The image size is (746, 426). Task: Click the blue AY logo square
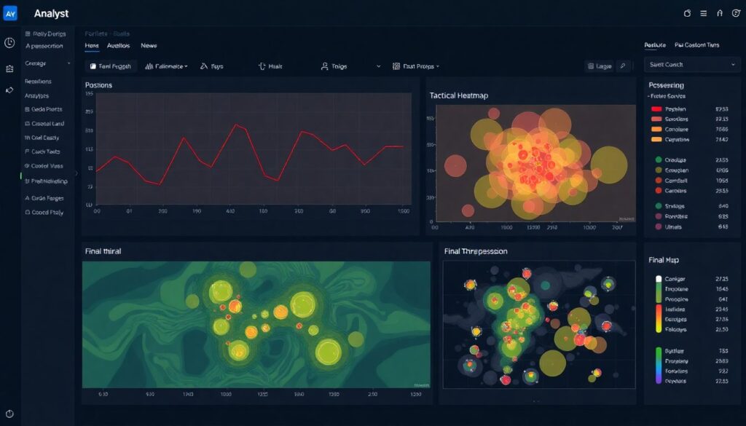pyautogui.click(x=10, y=14)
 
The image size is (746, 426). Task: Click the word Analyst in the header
pyautogui.click(x=52, y=14)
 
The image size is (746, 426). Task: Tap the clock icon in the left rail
pyautogui.click(x=9, y=43)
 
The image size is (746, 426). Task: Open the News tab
pyautogui.click(x=149, y=45)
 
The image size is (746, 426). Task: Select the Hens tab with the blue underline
pyautogui.click(x=92, y=45)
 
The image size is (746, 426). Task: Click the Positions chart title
pyautogui.click(x=98, y=85)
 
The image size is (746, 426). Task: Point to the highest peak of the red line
pyautogui.click(x=235, y=125)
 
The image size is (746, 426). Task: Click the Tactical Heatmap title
pyautogui.click(x=459, y=95)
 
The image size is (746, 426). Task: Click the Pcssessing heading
pyautogui.click(x=665, y=85)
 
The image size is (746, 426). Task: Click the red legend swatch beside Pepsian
pyautogui.click(x=656, y=109)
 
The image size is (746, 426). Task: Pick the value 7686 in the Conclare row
pyautogui.click(x=722, y=129)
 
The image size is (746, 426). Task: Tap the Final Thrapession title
pyautogui.click(x=475, y=251)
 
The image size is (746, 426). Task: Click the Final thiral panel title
pyautogui.click(x=103, y=251)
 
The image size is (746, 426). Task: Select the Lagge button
pyautogui.click(x=599, y=66)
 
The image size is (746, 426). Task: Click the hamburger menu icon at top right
pyautogui.click(x=703, y=13)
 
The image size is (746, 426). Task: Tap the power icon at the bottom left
pyautogui.click(x=9, y=414)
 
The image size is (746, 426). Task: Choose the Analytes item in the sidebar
pyautogui.click(x=37, y=95)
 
